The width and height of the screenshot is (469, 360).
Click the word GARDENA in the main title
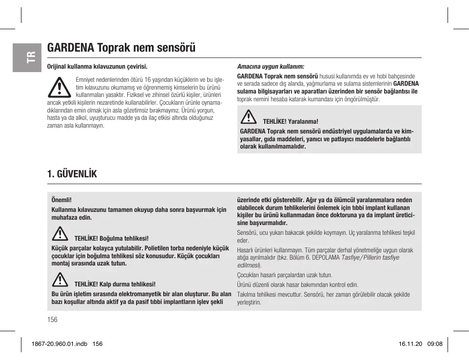tap(71, 48)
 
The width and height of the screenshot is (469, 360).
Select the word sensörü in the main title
tap(176, 48)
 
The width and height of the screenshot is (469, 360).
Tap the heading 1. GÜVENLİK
tap(72, 174)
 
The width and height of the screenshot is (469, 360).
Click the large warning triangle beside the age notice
tap(59, 88)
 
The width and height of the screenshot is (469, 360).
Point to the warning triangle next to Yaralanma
tap(249, 117)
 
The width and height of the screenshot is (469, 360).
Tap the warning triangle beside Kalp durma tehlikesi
tap(60, 280)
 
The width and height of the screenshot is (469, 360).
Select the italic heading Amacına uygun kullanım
tap(271, 66)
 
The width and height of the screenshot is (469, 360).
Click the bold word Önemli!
tap(61, 200)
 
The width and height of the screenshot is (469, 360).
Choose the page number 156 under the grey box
tap(53, 319)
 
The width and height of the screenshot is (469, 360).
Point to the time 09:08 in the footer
tap(435, 343)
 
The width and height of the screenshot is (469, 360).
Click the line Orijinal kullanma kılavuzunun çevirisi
tap(97, 67)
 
